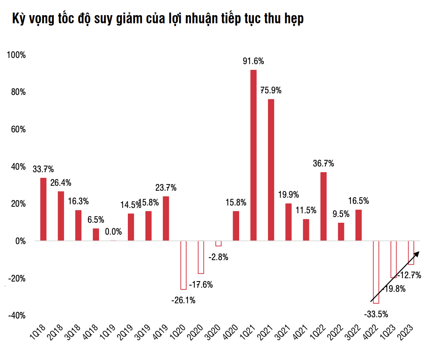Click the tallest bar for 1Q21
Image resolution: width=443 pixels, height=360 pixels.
coord(253,155)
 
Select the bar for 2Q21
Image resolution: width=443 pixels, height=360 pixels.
coord(271,170)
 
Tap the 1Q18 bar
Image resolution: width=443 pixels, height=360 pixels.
coord(43,209)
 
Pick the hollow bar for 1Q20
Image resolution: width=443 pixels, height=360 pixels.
coord(183,265)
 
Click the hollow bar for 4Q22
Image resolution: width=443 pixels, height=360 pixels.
coord(376,272)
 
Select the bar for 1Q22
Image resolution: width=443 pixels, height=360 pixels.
coord(323,206)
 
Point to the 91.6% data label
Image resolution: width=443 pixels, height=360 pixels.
coord(253,61)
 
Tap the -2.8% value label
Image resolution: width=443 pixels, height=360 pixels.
coord(218,257)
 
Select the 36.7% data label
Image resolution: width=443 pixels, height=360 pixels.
coord(323,164)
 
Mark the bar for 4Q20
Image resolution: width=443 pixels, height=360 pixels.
coord(236,226)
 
